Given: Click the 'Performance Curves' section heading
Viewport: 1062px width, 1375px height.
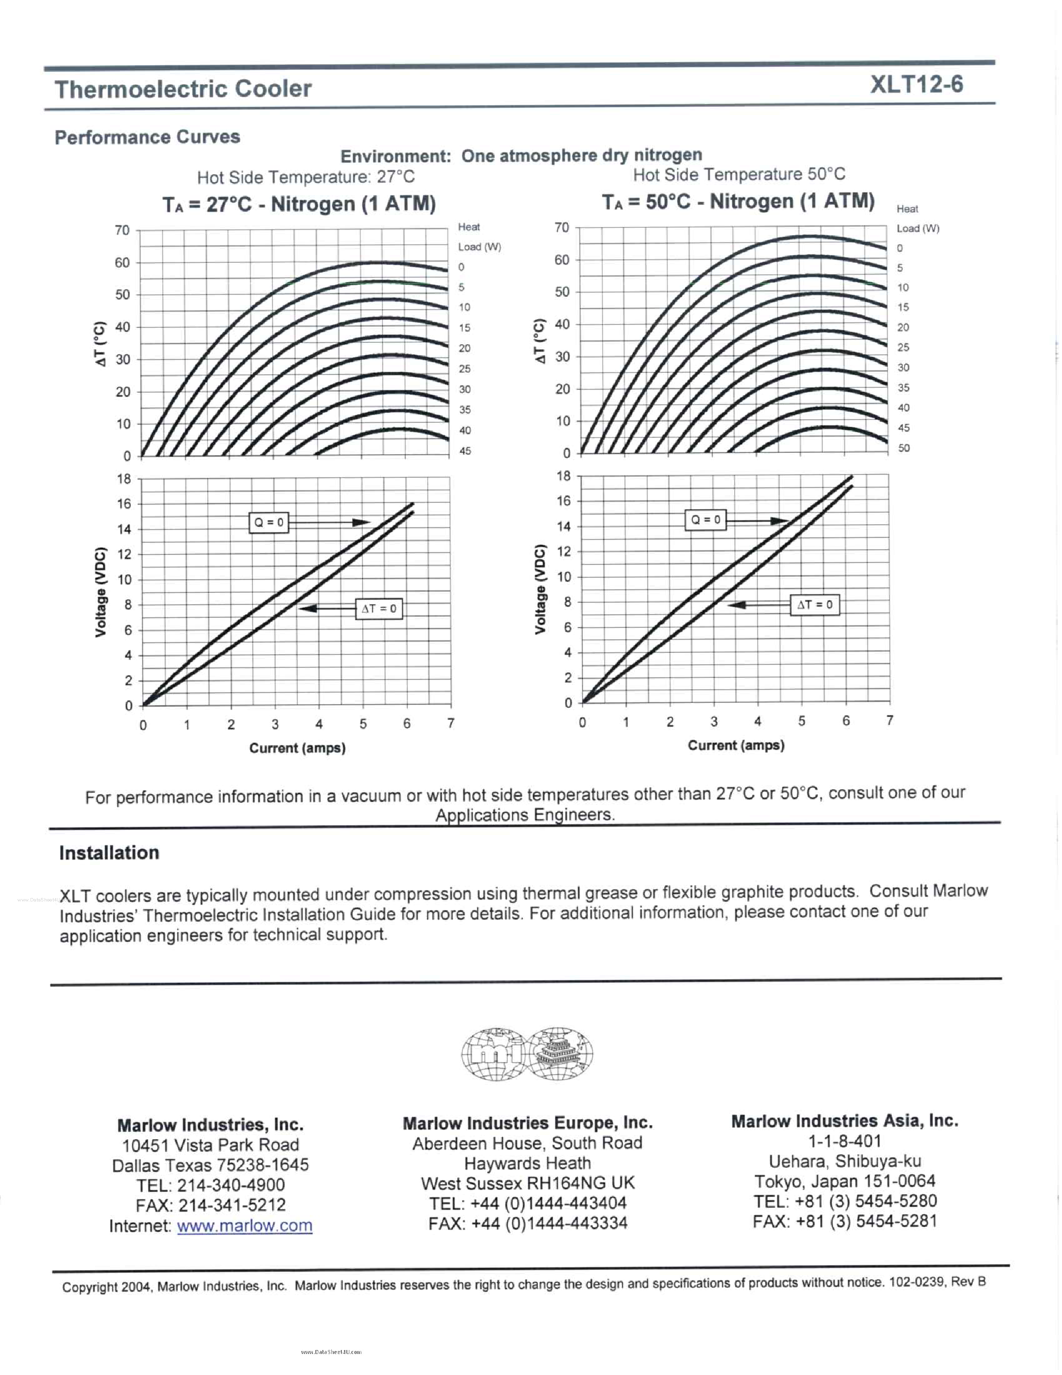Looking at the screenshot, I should (x=147, y=137).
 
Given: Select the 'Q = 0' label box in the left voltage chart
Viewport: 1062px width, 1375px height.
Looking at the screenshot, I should (x=269, y=522).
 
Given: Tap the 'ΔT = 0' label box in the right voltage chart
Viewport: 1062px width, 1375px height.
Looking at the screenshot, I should (x=815, y=605).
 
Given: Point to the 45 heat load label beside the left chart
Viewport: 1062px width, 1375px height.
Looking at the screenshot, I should (x=465, y=451).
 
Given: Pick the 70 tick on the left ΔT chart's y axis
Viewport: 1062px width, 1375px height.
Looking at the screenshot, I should (x=122, y=230).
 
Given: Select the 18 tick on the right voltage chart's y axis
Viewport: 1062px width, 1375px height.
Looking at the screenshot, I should (x=563, y=476).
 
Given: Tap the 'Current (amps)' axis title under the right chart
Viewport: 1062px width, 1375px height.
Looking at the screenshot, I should (x=736, y=745).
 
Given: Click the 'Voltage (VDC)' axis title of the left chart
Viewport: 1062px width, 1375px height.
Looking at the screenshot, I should (x=100, y=592).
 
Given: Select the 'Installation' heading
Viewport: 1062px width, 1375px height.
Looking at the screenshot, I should (x=109, y=853).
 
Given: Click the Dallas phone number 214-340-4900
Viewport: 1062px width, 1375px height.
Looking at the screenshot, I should (x=230, y=1185).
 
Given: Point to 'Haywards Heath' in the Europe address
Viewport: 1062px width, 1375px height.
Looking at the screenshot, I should (x=527, y=1163).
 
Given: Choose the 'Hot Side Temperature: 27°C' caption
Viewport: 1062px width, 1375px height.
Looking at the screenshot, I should (x=306, y=177).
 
